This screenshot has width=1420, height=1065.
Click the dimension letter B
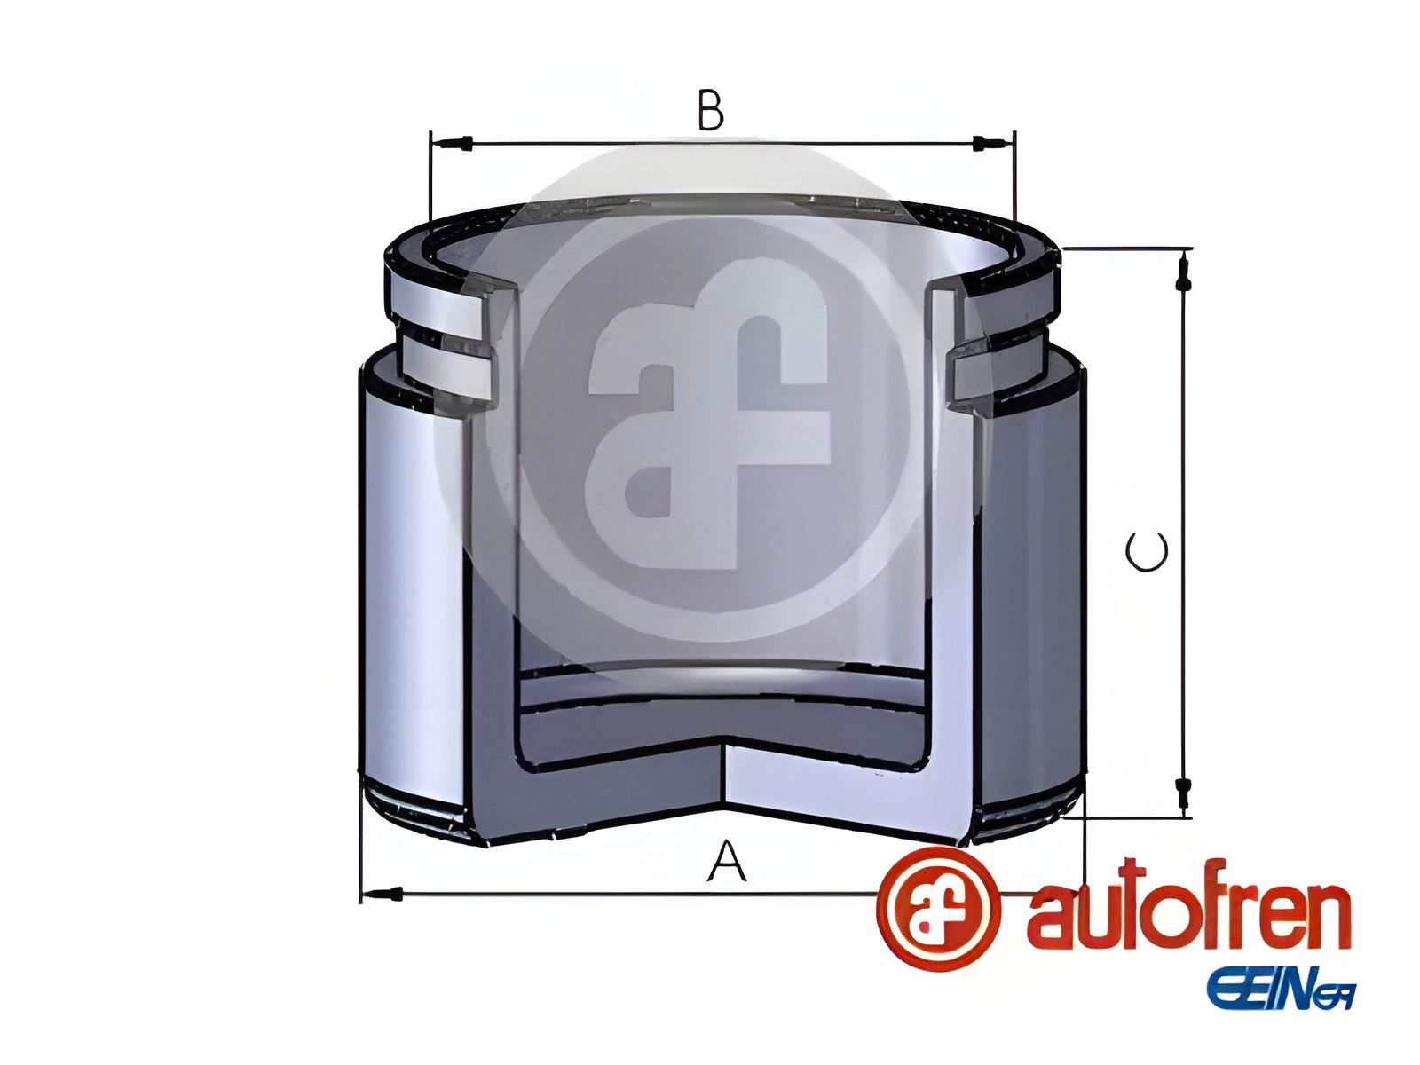710,111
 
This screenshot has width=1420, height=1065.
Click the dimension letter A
726,862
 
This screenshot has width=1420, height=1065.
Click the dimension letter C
1146,552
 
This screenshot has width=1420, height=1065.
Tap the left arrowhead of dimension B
461,143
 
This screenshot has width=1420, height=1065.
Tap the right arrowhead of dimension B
981,143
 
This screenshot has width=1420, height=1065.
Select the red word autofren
1188,914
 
